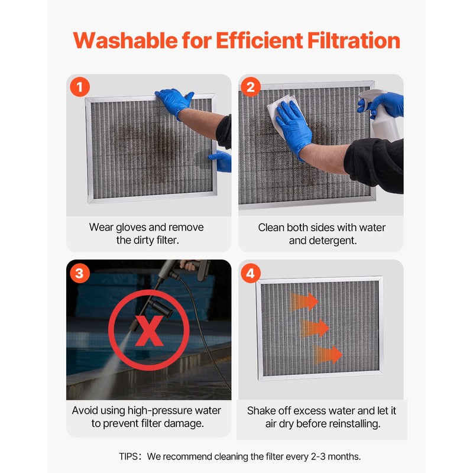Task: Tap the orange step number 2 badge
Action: pyautogui.click(x=252, y=88)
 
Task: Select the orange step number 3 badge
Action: pyautogui.click(x=80, y=274)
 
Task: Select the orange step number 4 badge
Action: pyautogui.click(x=252, y=274)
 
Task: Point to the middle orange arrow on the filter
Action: pyautogui.click(x=315, y=328)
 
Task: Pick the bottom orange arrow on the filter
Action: pyautogui.click(x=328, y=355)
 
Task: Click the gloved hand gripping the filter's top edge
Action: pyautogui.click(x=174, y=101)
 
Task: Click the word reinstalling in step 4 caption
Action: pyautogui.click(x=351, y=424)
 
